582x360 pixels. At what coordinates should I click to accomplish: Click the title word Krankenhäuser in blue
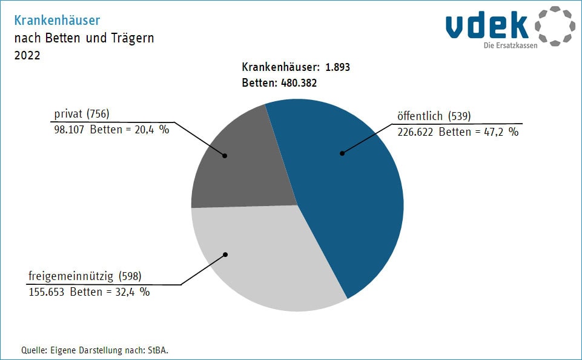(57, 21)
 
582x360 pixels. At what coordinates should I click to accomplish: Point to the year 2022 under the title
(27, 55)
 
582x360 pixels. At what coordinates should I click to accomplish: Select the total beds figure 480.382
(299, 83)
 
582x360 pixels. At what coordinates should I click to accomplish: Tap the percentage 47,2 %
(504, 132)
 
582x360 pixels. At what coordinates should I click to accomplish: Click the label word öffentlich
(420, 116)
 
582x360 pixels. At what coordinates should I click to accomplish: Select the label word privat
(68, 113)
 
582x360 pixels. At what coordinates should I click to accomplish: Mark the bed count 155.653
(48, 292)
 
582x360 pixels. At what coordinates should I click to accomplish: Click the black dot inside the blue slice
(342, 153)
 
